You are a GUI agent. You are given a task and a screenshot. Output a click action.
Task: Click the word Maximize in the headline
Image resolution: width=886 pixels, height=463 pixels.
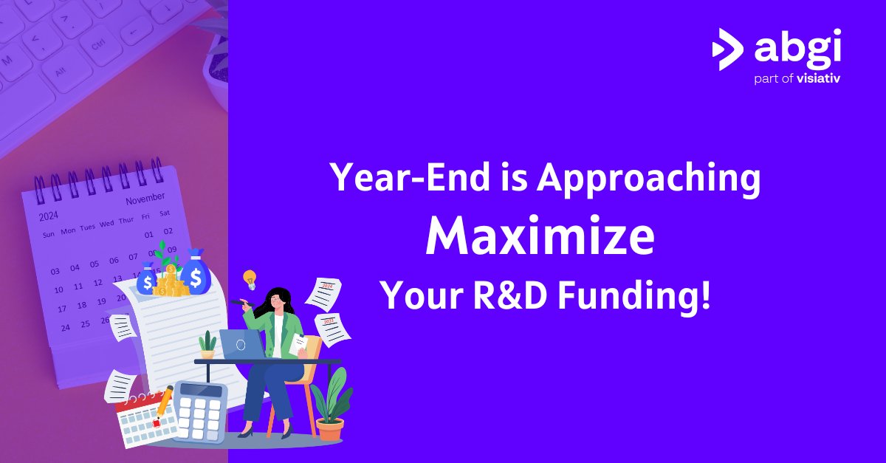(540, 238)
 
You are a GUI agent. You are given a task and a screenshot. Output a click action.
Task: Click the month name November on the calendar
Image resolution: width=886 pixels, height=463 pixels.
(145, 200)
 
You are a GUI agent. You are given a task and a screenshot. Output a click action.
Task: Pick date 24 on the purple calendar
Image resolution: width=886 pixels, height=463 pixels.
(66, 326)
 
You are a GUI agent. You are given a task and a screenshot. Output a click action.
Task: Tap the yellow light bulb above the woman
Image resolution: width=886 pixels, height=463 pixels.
(250, 279)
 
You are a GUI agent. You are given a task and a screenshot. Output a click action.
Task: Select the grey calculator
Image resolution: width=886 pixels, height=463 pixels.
(199, 411)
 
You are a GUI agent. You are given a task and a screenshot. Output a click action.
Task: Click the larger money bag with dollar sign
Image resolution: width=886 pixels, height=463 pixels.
(196, 273)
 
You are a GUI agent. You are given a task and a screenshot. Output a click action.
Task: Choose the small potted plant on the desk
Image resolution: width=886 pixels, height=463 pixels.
(208, 345)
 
